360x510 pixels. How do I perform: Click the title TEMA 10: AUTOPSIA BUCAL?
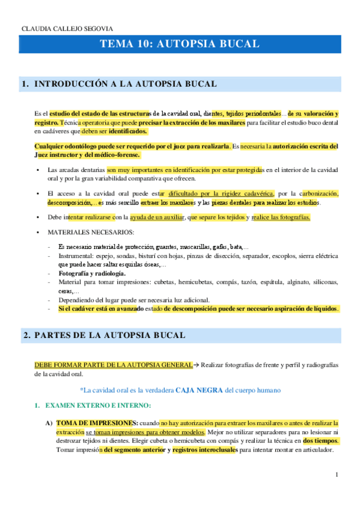tap(180, 44)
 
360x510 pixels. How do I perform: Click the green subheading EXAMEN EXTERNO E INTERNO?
tap(99, 407)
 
